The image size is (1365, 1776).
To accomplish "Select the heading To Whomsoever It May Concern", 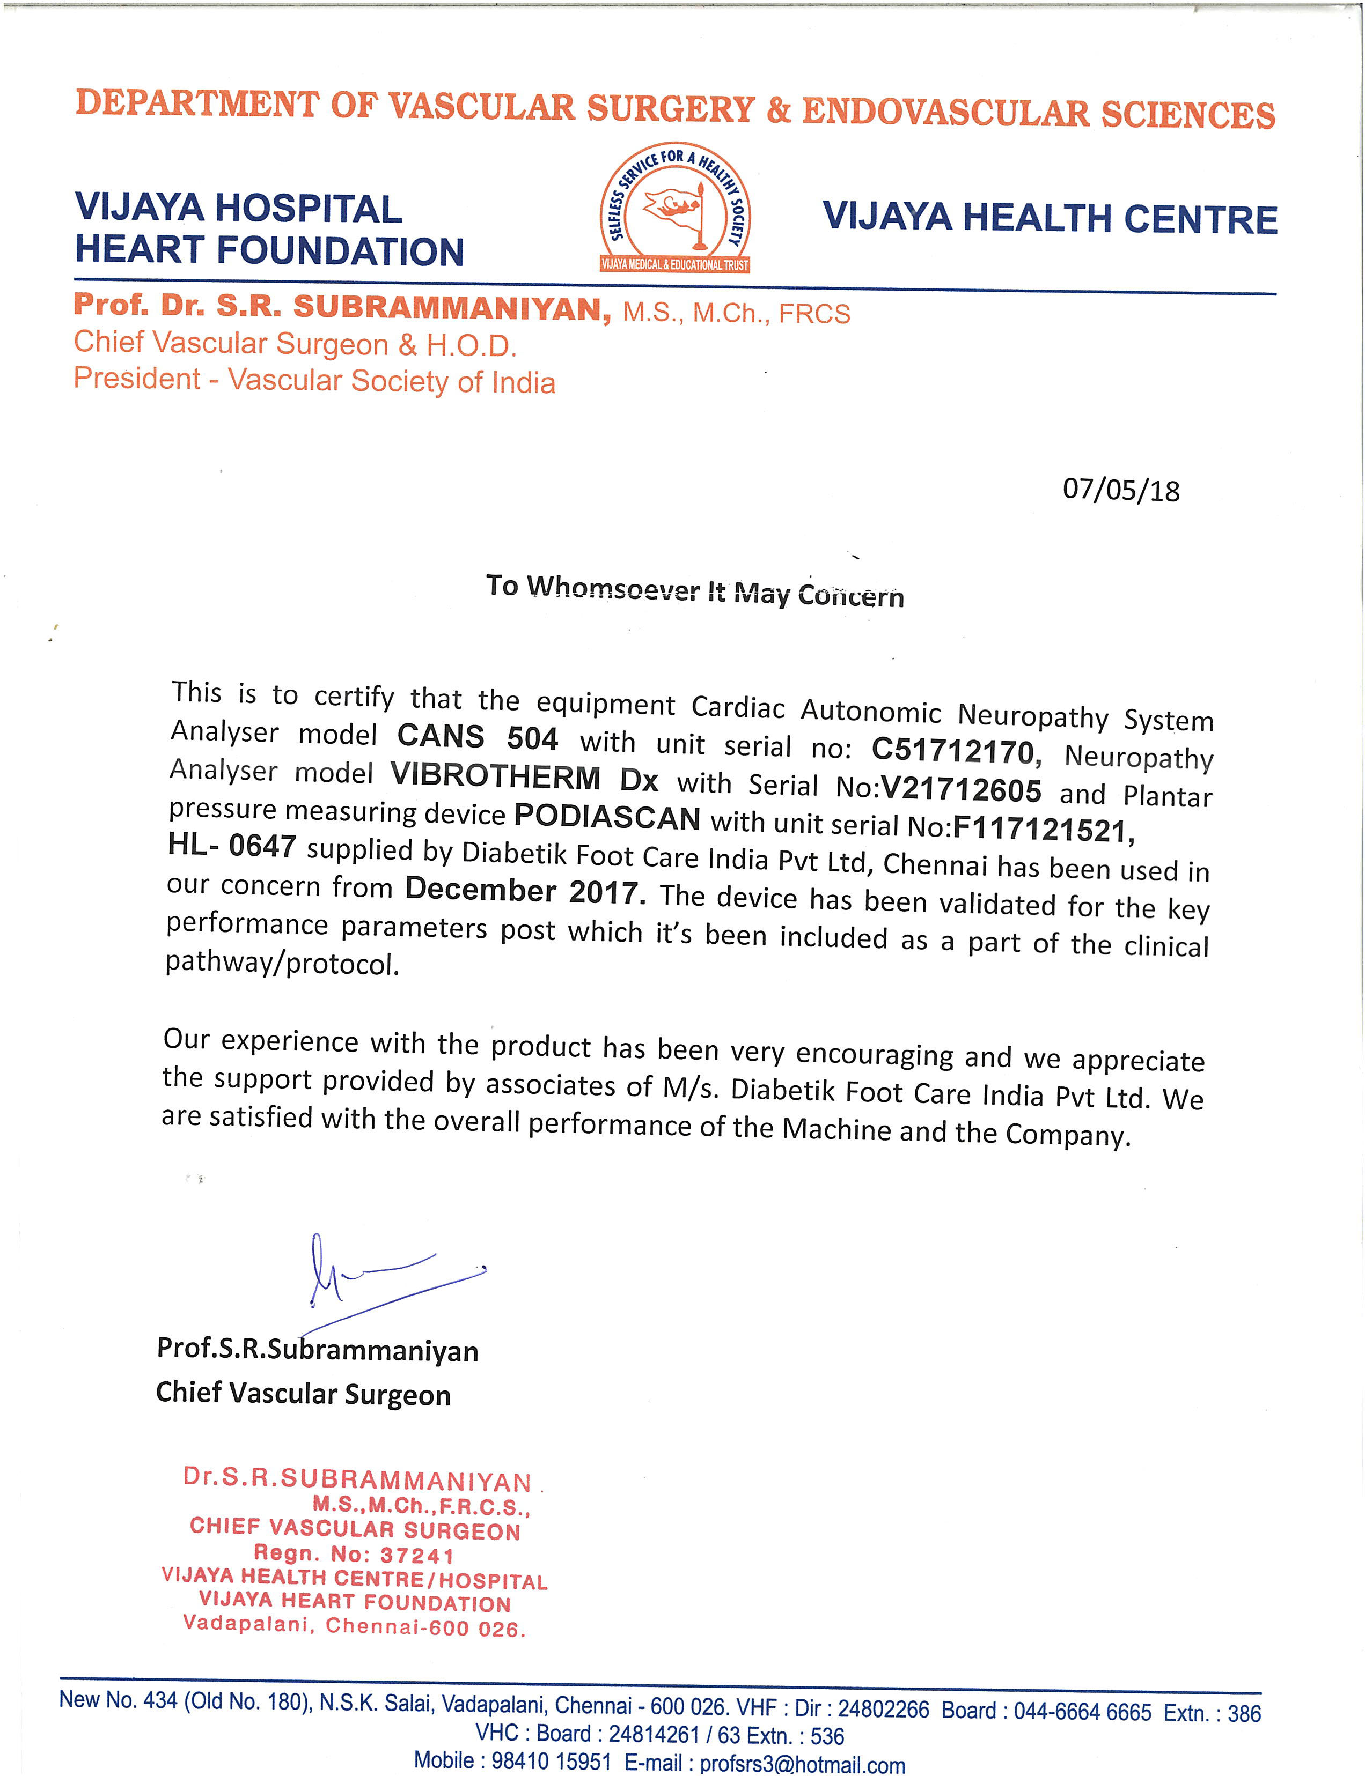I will (695, 590).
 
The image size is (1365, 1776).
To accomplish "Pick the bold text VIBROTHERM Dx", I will (524, 778).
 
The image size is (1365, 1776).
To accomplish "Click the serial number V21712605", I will (961, 789).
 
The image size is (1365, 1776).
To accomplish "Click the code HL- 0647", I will (232, 846).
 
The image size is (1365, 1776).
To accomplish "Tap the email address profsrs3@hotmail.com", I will (802, 1764).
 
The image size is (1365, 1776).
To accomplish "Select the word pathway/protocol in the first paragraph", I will (282, 963).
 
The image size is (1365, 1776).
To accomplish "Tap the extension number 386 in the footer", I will (1244, 1713).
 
